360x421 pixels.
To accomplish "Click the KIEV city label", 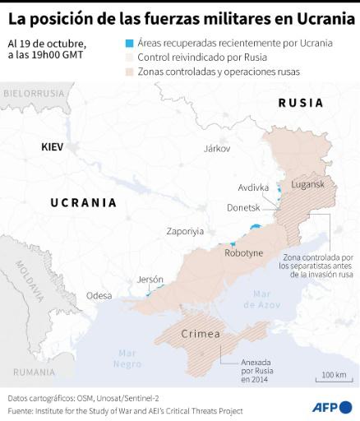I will tap(52, 146).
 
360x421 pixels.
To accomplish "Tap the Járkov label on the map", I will tap(217, 149).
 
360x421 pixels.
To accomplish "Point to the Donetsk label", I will tap(242, 207).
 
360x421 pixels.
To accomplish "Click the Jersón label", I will tap(150, 279).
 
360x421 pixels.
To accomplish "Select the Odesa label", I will tap(99, 295).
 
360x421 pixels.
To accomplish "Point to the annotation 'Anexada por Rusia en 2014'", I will tap(261, 369).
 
